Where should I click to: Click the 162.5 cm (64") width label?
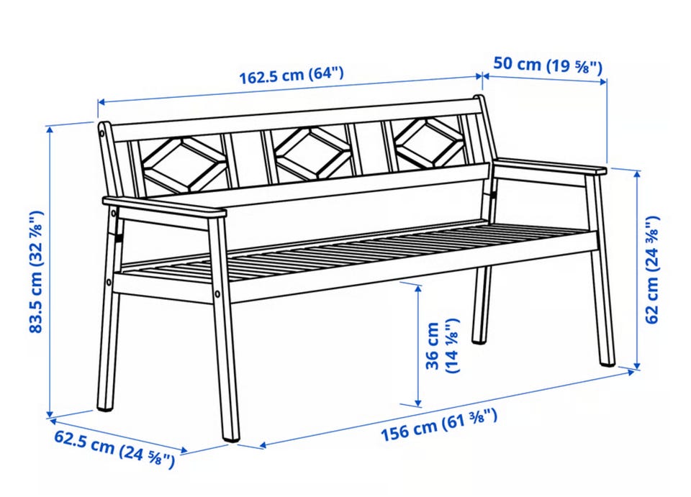(x=291, y=76)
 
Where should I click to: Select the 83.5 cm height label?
(x=36, y=272)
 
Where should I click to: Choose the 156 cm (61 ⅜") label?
(x=439, y=424)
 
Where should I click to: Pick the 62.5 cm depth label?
(x=114, y=449)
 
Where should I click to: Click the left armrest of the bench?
(x=164, y=207)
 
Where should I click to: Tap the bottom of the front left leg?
(x=231, y=437)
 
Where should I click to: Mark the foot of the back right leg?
(x=479, y=339)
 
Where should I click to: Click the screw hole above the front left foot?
(x=217, y=293)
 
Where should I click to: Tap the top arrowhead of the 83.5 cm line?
(x=50, y=129)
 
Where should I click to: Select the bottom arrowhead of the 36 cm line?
(x=418, y=403)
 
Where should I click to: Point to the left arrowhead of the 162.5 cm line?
(x=101, y=102)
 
